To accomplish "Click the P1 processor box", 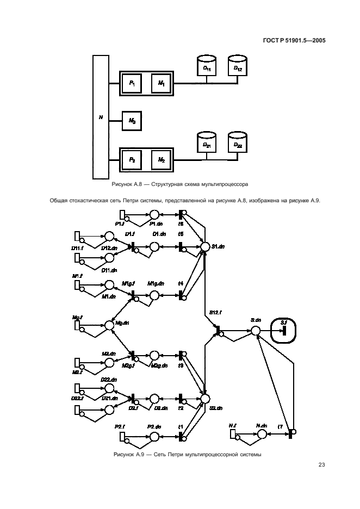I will (x=132, y=83).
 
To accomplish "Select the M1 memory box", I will (x=162, y=83).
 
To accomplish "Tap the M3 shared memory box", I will (x=132, y=121).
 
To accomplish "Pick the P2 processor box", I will (x=132, y=159).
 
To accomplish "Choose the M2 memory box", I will (x=162, y=159).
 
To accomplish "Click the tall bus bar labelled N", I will (x=101, y=116).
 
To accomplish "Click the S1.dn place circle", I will (x=205, y=246).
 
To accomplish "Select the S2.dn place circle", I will (x=205, y=399).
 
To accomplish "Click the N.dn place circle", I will (x=262, y=434).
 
